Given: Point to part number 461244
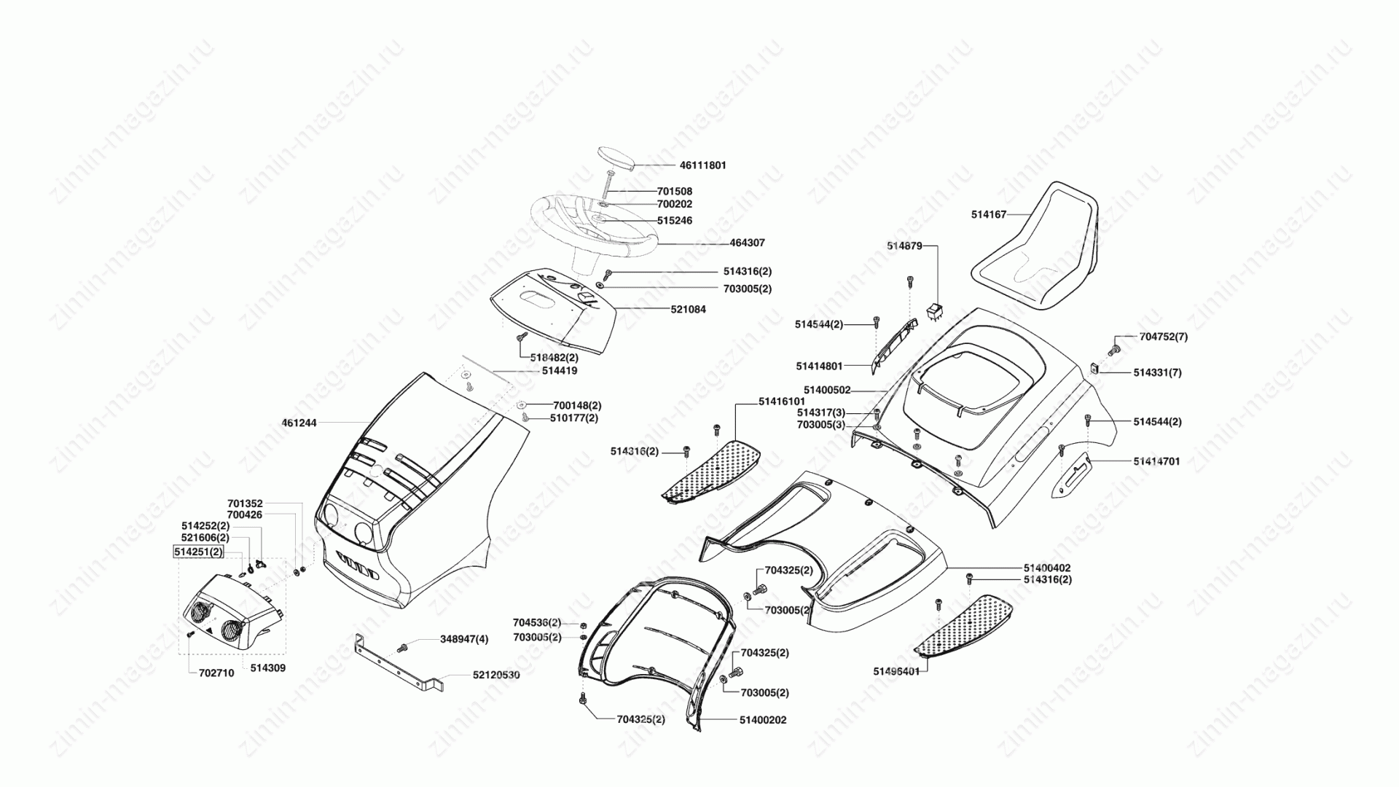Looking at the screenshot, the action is pyautogui.click(x=299, y=423).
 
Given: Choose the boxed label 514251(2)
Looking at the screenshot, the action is pyautogui.click(x=197, y=552).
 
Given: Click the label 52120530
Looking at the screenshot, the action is pyautogui.click(x=496, y=676).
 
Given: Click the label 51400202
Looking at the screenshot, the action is pyautogui.click(x=763, y=720).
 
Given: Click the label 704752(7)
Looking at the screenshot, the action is pyautogui.click(x=1163, y=337).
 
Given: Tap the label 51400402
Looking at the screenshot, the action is pyautogui.click(x=1047, y=568).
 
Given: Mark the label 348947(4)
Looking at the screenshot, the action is pyautogui.click(x=464, y=639).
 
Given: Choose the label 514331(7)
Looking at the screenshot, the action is pyautogui.click(x=1157, y=372).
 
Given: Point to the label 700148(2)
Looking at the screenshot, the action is pyautogui.click(x=577, y=405).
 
